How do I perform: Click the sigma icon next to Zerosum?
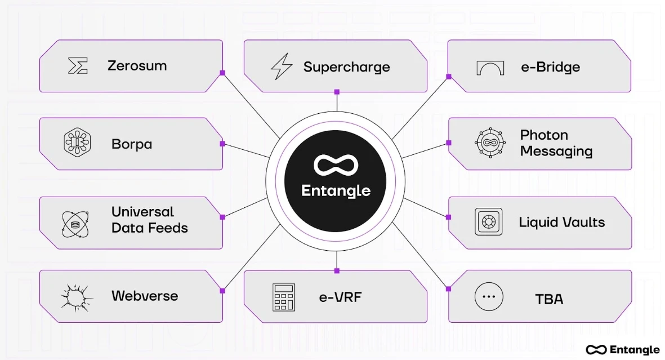78,66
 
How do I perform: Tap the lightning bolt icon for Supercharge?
282,67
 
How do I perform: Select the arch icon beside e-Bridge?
490,68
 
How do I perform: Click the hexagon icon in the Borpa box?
77,142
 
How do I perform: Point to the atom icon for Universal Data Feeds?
75,223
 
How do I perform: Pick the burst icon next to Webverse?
76,296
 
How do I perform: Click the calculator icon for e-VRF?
284,297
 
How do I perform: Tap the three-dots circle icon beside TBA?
488,297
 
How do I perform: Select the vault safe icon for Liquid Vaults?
488,222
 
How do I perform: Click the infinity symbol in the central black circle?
336,165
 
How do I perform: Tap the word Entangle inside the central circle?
336,190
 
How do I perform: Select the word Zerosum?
137,66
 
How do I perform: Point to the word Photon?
544,135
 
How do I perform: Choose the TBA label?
550,299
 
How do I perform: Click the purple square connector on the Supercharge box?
337,92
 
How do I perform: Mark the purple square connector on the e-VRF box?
337,271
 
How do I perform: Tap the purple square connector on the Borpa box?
222,144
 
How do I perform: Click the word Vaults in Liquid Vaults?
584,222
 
